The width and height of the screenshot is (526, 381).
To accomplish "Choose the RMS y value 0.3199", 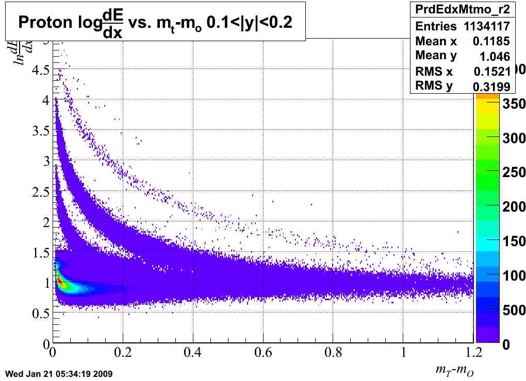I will coord(491,86).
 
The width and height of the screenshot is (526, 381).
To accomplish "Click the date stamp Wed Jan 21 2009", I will coord(58,373).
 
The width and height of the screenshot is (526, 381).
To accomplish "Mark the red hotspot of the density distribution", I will coord(60,281).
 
